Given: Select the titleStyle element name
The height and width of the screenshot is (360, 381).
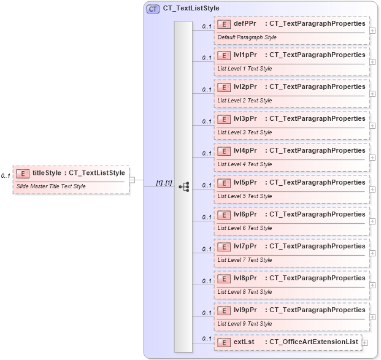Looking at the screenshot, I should (x=47, y=173).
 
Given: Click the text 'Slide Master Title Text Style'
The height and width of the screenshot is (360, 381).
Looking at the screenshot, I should (x=51, y=186).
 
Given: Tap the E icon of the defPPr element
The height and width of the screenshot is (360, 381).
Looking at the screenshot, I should (x=224, y=23).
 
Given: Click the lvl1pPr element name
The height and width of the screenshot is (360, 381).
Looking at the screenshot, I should (x=245, y=55).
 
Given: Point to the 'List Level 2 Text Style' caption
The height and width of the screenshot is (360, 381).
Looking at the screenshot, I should (x=245, y=101).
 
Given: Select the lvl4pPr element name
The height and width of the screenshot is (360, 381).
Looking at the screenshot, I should (x=245, y=151).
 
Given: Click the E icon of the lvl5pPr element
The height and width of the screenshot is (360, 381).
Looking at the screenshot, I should (x=224, y=183).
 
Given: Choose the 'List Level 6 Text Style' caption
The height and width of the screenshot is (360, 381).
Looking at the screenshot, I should (x=245, y=228).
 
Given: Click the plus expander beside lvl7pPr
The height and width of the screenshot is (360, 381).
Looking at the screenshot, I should (x=373, y=253).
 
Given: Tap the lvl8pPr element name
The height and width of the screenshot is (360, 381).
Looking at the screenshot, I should (x=245, y=278).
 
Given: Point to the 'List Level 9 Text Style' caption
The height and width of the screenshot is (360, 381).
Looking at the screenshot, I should (x=245, y=324).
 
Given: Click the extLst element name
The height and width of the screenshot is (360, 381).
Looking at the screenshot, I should (x=244, y=342).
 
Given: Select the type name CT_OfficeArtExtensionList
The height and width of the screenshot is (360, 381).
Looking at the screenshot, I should (x=311, y=342).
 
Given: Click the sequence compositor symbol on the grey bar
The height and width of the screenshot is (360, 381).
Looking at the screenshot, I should (x=183, y=186).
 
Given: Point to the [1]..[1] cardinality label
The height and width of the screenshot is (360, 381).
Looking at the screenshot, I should (x=164, y=182).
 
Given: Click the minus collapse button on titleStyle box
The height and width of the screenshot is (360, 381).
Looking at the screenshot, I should (x=132, y=179).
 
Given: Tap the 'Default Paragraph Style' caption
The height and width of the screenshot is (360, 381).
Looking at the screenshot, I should (x=247, y=37).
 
